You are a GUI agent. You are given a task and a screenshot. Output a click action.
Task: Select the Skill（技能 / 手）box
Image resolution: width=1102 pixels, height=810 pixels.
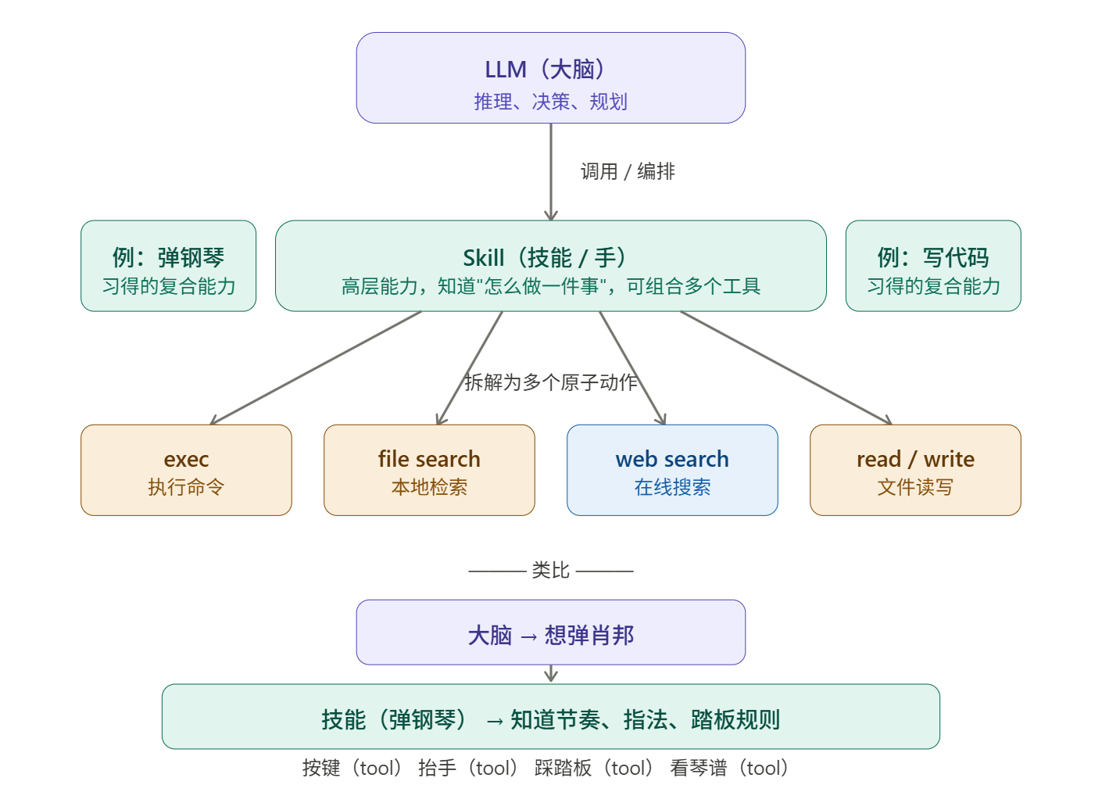tap(550, 266)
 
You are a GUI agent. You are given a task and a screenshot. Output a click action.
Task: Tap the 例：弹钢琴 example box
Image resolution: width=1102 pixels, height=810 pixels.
tap(169, 266)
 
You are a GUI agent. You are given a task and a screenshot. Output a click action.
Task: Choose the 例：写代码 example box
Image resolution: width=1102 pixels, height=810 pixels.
tap(932, 266)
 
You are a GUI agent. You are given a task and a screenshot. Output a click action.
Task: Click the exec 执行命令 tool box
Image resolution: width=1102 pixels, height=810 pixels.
tap(186, 470)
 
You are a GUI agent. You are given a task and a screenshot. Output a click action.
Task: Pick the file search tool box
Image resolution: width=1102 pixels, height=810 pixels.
tap(429, 470)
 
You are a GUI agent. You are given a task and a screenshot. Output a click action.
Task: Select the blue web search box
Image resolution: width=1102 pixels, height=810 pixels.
tap(672, 470)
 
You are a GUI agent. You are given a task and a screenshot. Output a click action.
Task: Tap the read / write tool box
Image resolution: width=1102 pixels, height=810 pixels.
tap(915, 470)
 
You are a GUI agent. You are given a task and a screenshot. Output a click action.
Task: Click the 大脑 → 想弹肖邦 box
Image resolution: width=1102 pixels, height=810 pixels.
tap(550, 633)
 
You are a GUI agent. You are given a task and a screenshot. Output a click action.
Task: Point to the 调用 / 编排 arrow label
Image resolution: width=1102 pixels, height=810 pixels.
tap(628, 171)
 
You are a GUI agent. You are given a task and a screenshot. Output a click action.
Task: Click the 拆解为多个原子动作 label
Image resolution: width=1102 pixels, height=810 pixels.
tap(551, 382)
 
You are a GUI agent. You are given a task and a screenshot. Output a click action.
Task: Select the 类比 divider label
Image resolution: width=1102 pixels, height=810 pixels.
tap(550, 571)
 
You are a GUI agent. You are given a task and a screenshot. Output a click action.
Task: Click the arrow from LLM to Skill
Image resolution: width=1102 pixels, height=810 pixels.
tap(551, 172)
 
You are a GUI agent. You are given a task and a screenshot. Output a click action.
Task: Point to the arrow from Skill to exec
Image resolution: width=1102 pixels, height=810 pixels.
tap(317, 367)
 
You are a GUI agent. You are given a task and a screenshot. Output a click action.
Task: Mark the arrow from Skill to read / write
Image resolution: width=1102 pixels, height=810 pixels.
tap(785, 367)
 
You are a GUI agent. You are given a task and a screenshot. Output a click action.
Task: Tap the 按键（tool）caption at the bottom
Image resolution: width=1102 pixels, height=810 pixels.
tap(352, 769)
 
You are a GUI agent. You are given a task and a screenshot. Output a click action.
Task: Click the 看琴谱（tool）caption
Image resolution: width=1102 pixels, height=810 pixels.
tap(729, 769)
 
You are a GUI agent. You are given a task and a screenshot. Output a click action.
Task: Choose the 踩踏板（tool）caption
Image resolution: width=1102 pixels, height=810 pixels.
tap(594, 769)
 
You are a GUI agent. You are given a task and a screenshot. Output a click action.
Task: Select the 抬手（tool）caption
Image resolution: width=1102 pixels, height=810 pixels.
tap(467, 769)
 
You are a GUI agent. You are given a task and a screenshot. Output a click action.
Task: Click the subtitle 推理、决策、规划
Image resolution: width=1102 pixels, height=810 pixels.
tap(550, 102)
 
